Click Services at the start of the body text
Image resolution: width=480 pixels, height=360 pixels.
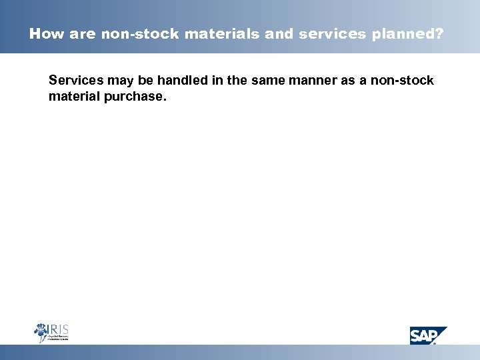pos(74,81)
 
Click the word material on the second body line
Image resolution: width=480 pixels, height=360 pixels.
pos(71,97)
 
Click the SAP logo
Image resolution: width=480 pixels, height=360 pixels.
pos(427,335)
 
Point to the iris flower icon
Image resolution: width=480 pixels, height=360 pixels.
pos(41,332)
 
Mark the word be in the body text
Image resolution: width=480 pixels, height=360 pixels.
pos(141,81)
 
